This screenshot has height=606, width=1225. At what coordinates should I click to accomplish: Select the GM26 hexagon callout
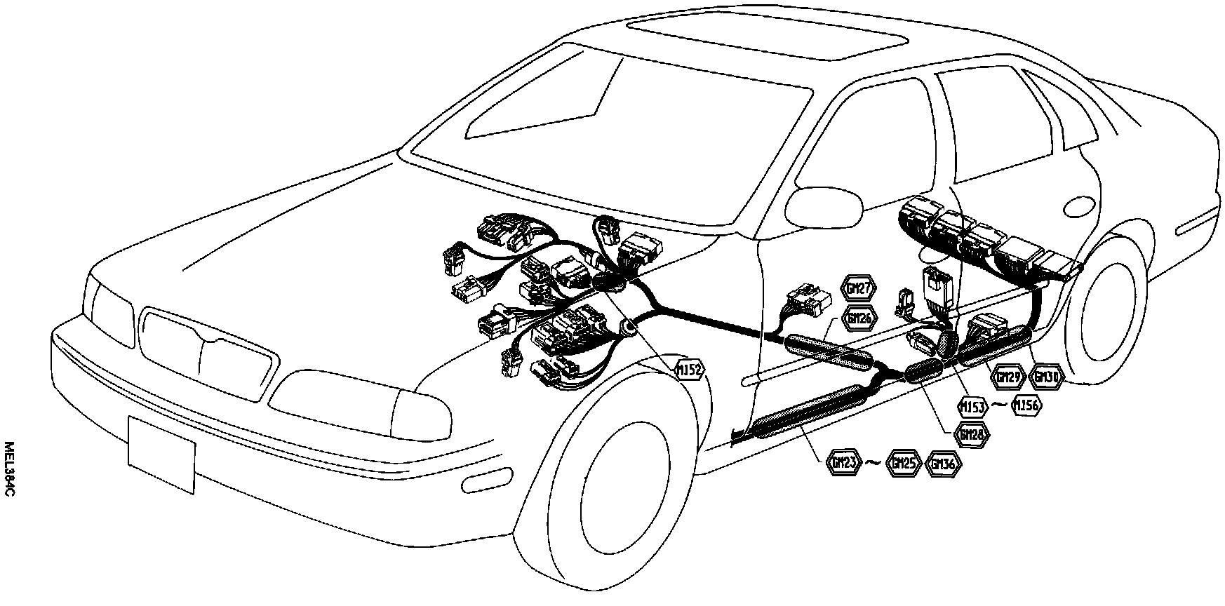(x=858, y=318)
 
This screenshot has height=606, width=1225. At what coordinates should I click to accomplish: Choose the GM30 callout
(x=1047, y=377)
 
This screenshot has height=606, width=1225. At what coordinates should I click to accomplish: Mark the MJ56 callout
(x=1026, y=405)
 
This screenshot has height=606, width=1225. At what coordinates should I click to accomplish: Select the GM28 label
(x=972, y=434)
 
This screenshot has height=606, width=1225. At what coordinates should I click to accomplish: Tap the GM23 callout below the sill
(x=843, y=464)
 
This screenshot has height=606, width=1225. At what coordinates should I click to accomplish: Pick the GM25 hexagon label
(x=903, y=464)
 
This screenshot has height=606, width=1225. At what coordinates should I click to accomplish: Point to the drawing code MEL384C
(x=9, y=470)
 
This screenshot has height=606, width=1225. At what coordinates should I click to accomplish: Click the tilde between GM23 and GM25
(x=873, y=463)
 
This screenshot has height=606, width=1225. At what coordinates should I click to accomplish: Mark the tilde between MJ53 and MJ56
(x=1001, y=405)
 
